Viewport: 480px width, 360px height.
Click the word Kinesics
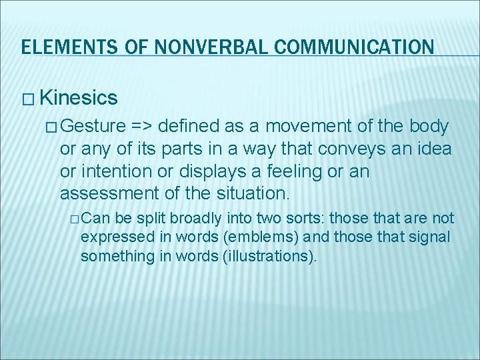click(79, 98)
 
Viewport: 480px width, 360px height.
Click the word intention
click(113, 171)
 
